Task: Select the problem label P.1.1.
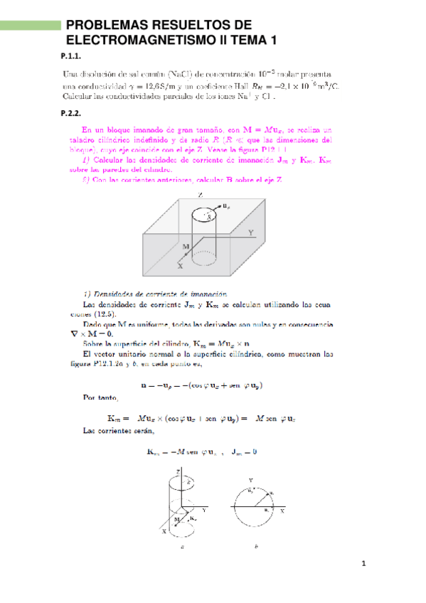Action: point(73,57)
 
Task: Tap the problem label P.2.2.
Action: point(73,112)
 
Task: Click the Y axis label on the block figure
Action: point(250,232)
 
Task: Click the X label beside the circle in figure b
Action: point(282,511)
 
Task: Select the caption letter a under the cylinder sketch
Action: point(183,548)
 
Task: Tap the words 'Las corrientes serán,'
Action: point(110,431)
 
